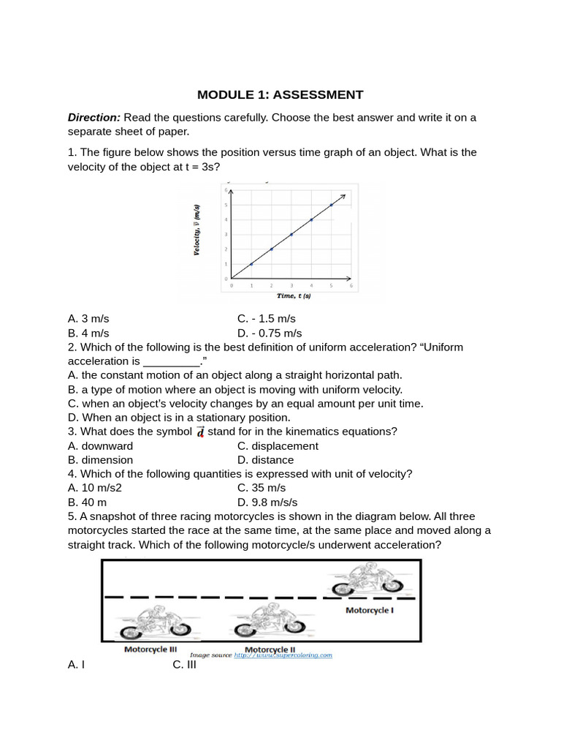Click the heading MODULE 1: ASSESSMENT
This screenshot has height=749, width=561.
(x=280, y=94)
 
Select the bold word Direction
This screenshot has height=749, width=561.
(x=93, y=117)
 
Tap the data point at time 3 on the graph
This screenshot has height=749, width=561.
(x=291, y=235)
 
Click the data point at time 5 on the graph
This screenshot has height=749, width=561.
(x=332, y=205)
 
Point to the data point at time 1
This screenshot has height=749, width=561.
(x=251, y=264)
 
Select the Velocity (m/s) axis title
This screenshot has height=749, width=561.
(x=197, y=230)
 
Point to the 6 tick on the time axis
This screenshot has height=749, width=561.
(x=351, y=285)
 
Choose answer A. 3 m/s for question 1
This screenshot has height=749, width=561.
(x=88, y=319)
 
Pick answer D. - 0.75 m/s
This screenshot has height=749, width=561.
(x=270, y=333)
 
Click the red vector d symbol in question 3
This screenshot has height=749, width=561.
(x=200, y=432)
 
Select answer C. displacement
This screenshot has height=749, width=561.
(x=278, y=446)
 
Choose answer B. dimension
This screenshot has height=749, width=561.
(x=100, y=460)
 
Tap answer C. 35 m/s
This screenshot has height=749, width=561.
(x=262, y=488)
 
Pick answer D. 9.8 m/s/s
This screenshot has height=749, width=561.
(x=267, y=503)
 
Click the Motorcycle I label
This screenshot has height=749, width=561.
(x=369, y=609)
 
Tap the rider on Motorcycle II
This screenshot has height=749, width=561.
(x=263, y=614)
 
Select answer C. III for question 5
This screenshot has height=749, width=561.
(x=185, y=665)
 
